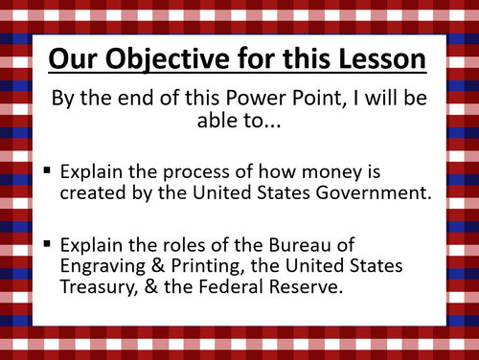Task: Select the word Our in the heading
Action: coord(74,59)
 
